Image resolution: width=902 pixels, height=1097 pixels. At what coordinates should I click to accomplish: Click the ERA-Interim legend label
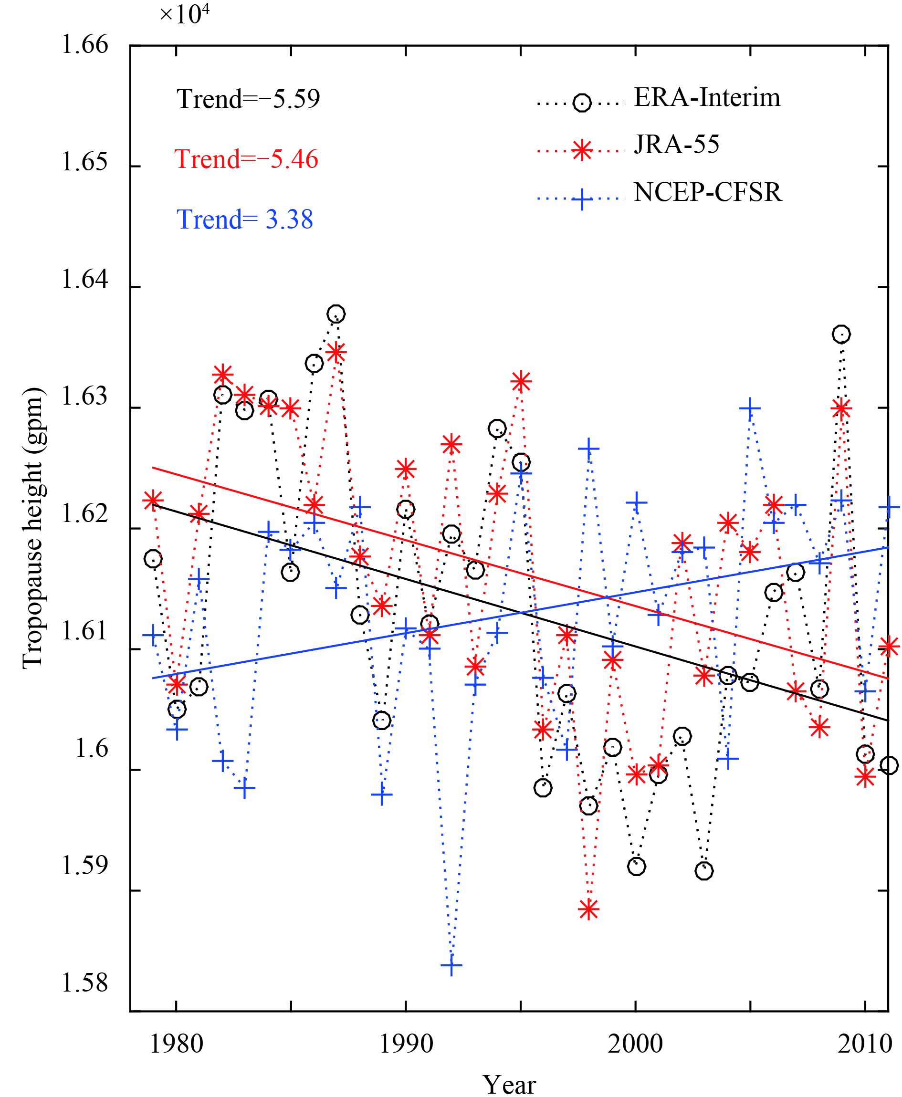click(707, 98)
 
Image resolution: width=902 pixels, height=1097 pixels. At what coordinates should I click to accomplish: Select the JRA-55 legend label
click(677, 145)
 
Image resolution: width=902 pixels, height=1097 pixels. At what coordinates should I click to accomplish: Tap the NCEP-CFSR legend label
click(708, 193)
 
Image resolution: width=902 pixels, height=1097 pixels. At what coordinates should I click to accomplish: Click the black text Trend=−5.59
click(248, 99)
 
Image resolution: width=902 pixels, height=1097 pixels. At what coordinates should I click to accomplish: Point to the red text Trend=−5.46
click(246, 159)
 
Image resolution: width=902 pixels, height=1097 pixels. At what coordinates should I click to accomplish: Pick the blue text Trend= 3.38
click(245, 219)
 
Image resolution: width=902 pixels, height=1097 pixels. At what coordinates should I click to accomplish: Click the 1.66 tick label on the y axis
click(84, 45)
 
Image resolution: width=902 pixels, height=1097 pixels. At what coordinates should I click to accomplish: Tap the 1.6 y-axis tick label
click(92, 749)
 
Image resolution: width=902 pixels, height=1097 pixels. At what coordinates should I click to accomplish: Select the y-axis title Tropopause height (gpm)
click(33, 528)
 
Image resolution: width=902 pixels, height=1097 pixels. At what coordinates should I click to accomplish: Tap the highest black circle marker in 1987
click(336, 313)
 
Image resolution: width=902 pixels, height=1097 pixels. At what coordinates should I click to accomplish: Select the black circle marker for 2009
click(841, 334)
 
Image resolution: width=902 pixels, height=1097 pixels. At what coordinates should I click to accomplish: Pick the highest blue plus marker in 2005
click(749, 408)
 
